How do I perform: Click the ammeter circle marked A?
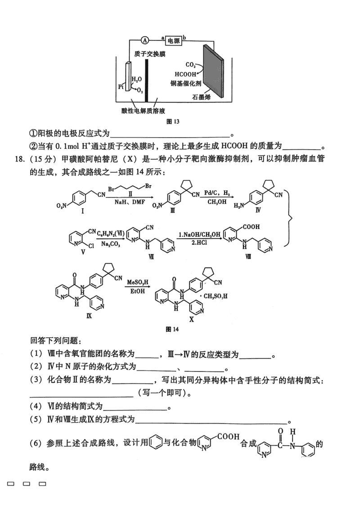145,40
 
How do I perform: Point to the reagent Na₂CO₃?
110,244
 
